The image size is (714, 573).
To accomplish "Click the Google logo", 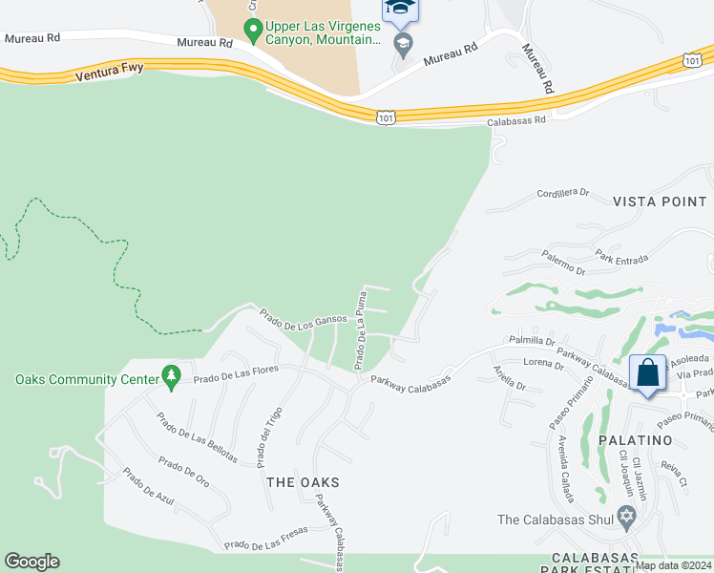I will click(x=31, y=562).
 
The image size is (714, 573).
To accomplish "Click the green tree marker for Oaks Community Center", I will click(x=172, y=379).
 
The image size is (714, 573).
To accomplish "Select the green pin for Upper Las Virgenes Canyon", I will click(x=253, y=31).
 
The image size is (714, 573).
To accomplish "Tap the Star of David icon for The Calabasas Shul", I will click(x=627, y=520).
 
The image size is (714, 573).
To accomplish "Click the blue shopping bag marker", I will click(x=648, y=372).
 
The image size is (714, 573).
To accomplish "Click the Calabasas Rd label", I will click(x=515, y=121).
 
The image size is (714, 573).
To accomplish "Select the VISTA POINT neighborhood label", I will click(x=660, y=202).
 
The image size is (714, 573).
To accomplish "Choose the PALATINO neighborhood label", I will click(x=637, y=440).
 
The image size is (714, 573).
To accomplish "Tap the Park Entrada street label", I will click(x=621, y=258).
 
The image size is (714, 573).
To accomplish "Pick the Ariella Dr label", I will click(x=509, y=378).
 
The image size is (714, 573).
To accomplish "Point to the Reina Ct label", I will click(x=674, y=474).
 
